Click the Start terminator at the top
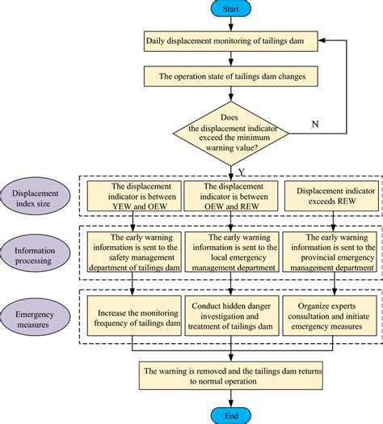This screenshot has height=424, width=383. (x=231, y=8)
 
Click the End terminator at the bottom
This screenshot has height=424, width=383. (x=231, y=416)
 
